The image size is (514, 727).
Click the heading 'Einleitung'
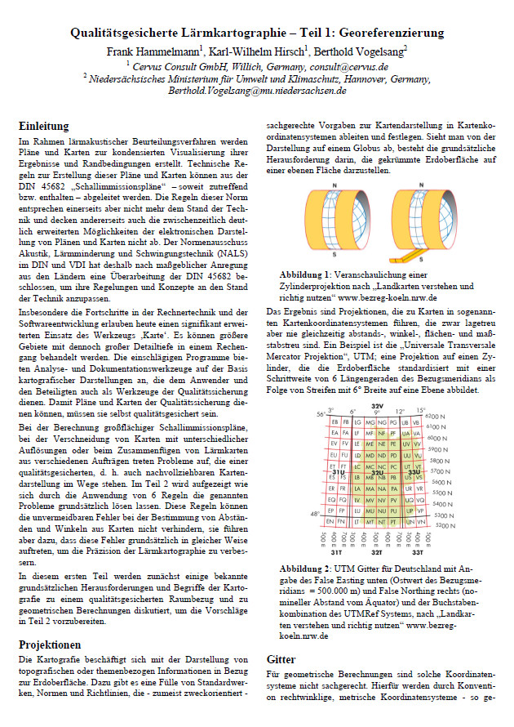(x=43, y=127)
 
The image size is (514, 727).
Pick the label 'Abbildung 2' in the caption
(x=308, y=568)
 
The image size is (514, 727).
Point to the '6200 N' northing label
(x=436, y=417)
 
